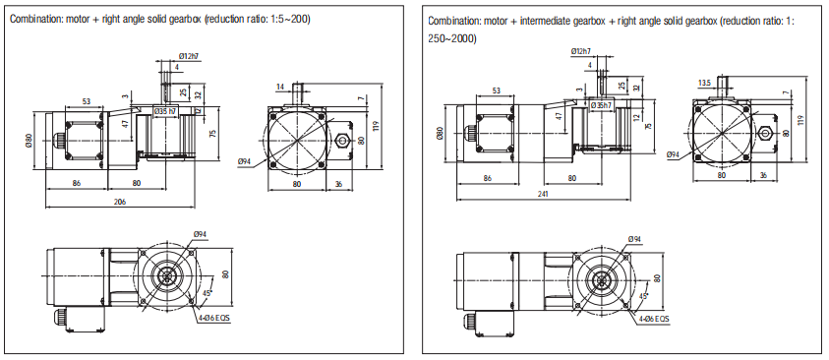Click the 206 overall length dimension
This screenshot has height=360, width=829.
click(x=120, y=202)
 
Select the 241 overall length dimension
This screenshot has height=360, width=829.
click(x=544, y=194)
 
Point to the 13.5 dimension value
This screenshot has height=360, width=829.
click(x=704, y=83)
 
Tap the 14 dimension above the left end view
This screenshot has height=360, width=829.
click(x=280, y=86)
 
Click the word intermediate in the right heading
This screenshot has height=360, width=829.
click(x=541, y=21)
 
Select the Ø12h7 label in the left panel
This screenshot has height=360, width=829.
click(x=188, y=55)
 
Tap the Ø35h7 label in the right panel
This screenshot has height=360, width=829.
click(x=602, y=105)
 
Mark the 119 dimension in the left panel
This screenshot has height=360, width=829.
click(x=376, y=126)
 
